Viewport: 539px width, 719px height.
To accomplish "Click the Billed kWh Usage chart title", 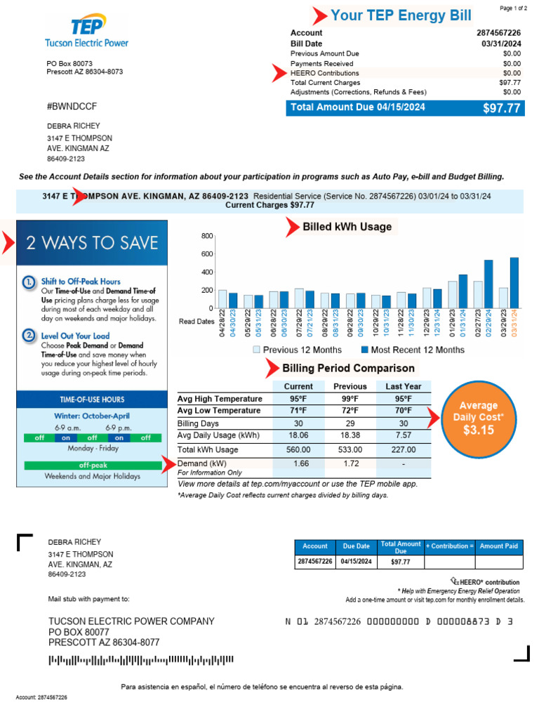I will pos(347,227).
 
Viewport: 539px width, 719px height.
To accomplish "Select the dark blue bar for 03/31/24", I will pos(514,282).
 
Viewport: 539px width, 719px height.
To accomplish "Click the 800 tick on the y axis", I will pos(206,235).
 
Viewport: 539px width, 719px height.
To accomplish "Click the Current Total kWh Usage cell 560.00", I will pos(298,449).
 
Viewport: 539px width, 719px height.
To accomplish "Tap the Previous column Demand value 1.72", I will pos(350,463).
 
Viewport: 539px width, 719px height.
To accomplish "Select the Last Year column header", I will pos(403,386).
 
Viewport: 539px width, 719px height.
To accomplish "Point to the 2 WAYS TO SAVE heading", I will pos(92,243).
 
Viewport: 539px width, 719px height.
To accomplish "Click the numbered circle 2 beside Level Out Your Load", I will pos(29,336).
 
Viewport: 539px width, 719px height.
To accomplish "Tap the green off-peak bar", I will pos(92,465).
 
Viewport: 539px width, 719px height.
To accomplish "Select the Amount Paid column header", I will pos(498,546).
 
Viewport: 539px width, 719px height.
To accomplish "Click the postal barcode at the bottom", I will pos(140,660).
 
